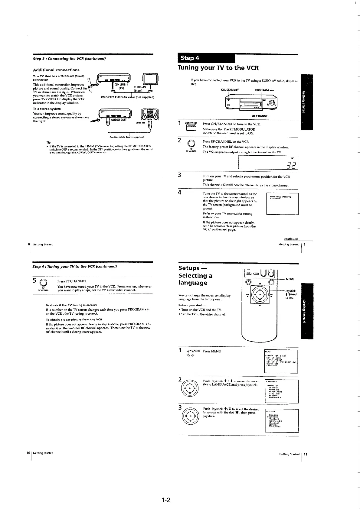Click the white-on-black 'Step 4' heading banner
206,58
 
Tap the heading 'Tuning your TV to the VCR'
218,68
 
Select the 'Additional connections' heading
56,70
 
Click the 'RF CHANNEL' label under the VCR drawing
260,116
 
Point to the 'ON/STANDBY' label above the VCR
230,90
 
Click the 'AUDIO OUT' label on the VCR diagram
119,120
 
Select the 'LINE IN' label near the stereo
140,123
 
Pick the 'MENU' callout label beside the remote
290,279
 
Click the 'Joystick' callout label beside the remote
290,291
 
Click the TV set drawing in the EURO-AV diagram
152,79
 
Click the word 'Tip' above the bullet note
48,142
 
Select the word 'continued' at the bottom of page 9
291,239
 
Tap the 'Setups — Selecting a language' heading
195,275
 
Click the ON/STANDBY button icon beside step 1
191,128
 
